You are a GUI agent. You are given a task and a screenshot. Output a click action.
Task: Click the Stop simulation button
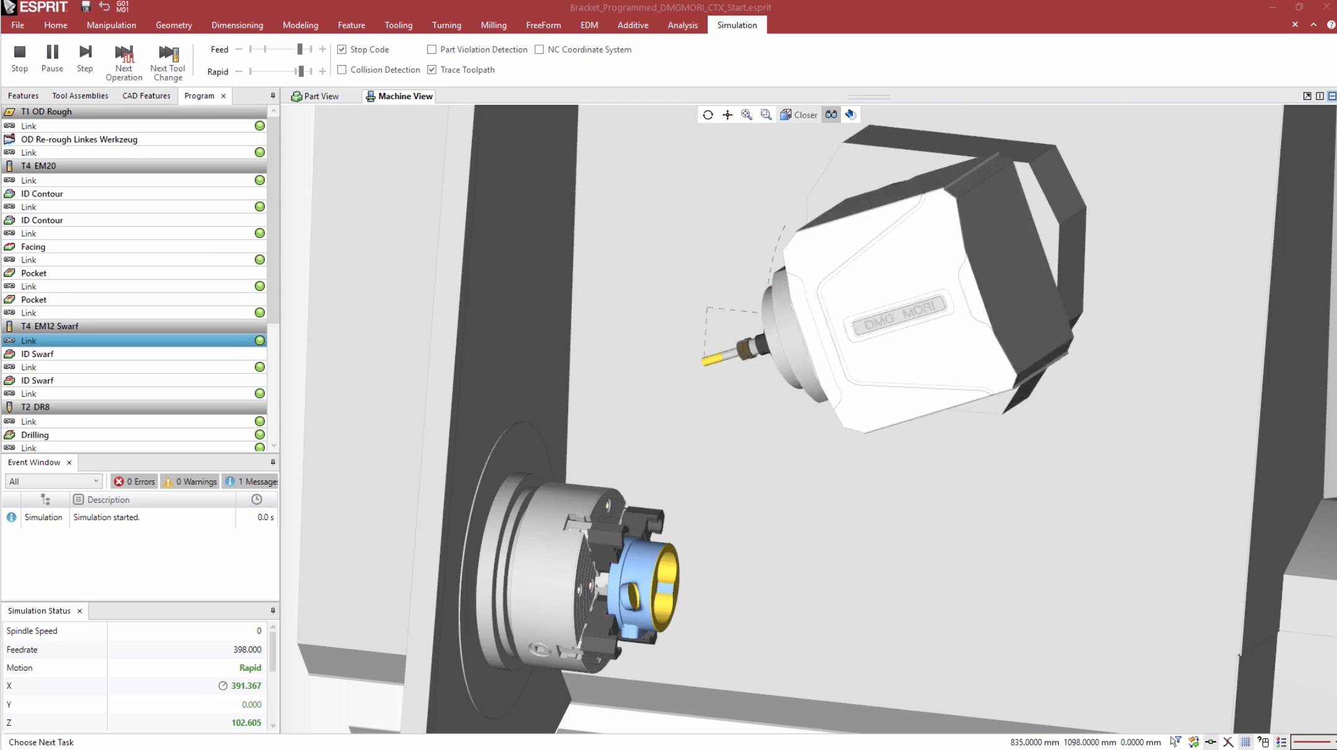tap(19, 58)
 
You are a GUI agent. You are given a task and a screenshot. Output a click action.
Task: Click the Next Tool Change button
tap(167, 62)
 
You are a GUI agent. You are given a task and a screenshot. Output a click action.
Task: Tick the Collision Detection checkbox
tap(342, 70)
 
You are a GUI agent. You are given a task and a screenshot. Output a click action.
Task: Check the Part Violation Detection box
tap(432, 50)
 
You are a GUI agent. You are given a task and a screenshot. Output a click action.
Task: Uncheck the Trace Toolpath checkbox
tap(432, 70)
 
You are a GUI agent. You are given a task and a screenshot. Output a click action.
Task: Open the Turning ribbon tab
tap(446, 25)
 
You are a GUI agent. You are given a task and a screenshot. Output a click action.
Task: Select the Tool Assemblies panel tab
tap(80, 96)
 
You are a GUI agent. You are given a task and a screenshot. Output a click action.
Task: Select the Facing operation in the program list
tap(33, 247)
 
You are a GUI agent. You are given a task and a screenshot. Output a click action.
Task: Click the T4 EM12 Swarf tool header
tap(50, 326)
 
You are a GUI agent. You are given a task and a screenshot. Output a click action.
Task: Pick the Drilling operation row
tap(35, 435)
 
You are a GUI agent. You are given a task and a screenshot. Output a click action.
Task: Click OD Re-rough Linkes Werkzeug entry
tap(79, 139)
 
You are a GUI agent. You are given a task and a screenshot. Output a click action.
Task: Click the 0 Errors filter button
tap(135, 482)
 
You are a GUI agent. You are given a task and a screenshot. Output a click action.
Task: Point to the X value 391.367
tap(246, 686)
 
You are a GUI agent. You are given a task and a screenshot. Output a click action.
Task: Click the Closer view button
tap(799, 115)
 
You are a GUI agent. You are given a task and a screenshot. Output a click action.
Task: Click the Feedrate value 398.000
tap(247, 650)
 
